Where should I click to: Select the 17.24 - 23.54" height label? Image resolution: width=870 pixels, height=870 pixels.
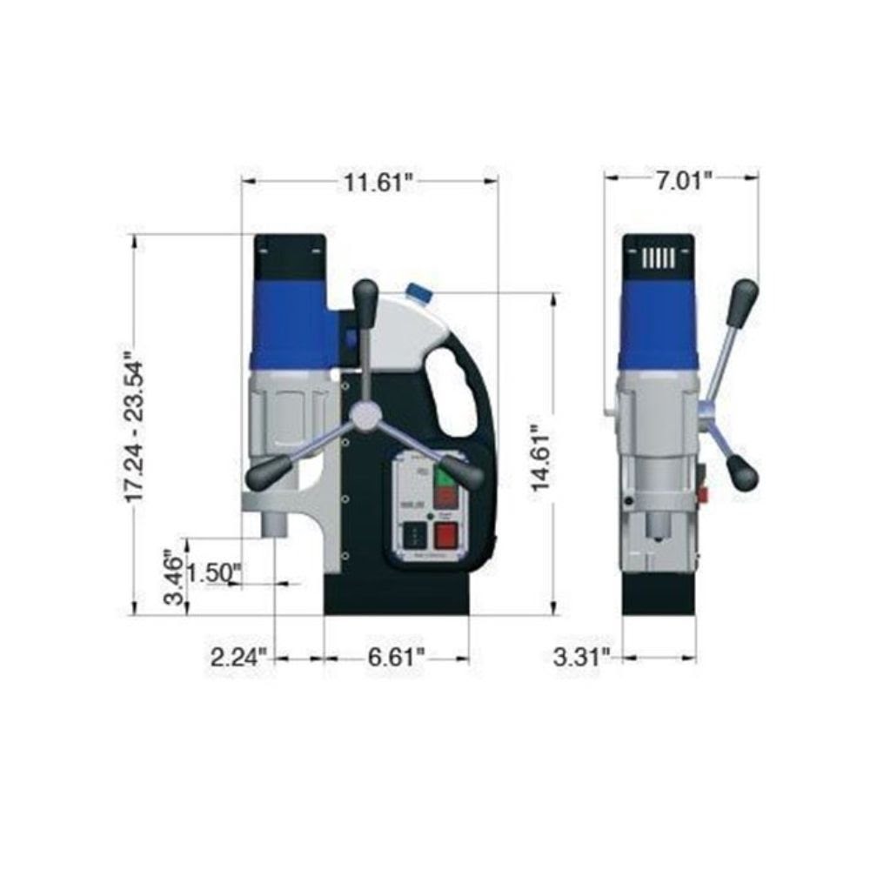(133, 426)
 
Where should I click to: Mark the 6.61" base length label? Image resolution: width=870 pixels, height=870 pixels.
(397, 656)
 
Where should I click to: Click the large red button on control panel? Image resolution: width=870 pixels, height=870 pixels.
(446, 534)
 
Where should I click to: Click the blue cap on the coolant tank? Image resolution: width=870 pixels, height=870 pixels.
(419, 292)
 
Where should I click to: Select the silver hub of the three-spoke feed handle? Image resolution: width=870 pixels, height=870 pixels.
(366, 416)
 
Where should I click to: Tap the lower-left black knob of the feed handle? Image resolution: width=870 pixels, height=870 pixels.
(263, 475)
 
